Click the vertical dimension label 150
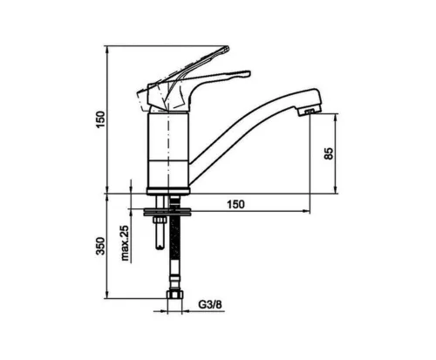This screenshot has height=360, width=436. click(100, 119)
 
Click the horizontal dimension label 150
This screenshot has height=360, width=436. click(235, 205)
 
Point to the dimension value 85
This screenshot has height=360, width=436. click(329, 153)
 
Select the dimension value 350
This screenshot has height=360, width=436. click(100, 246)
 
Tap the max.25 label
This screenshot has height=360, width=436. click(125, 243)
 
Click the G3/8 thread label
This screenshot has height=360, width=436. click(210, 305)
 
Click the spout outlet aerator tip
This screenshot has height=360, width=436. click(309, 112)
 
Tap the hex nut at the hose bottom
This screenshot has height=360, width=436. click(174, 295)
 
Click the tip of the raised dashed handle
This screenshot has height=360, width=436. click(227, 48)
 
